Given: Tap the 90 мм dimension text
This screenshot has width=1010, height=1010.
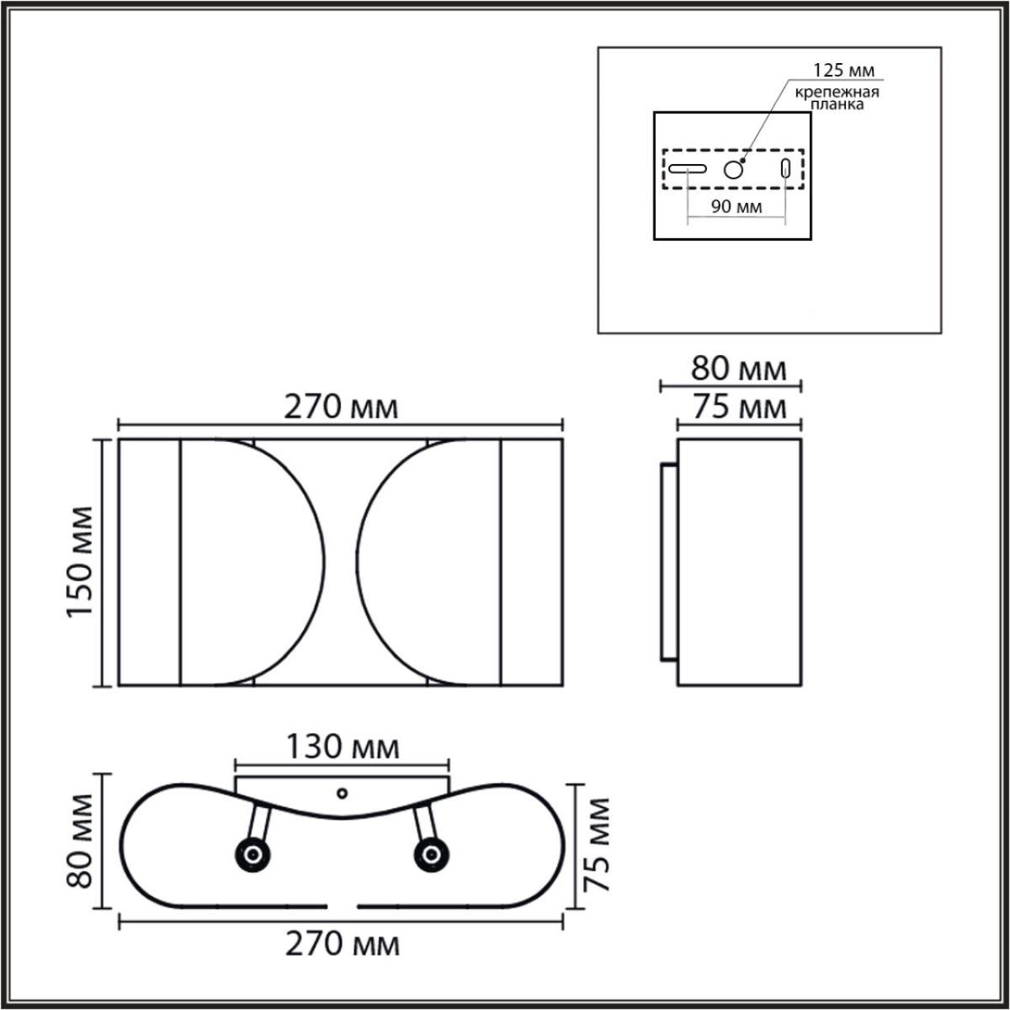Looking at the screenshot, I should coord(736,207).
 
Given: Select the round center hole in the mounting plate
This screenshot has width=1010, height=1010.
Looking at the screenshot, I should coord(734,170).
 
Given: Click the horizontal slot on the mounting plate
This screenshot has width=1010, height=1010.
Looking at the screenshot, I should coord(687,168).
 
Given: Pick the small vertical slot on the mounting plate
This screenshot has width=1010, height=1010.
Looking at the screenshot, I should coord(786,168).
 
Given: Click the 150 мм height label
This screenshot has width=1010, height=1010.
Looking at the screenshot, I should coord(82,561).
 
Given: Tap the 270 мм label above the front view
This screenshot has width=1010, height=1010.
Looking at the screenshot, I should coord(340,407).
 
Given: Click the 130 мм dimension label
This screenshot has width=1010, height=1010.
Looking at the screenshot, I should coord(342,747).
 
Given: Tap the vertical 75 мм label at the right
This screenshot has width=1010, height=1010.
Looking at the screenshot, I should coord(596,845).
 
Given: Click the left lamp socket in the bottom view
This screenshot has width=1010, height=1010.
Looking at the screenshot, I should coord(252,855).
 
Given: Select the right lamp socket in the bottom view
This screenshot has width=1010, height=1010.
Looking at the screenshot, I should coord(430,855).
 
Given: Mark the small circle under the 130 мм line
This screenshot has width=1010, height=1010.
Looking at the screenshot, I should coord(342,793).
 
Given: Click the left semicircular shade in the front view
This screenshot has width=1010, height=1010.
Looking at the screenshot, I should coord(252,561).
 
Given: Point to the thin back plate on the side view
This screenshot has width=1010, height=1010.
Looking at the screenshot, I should coord(667,561).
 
